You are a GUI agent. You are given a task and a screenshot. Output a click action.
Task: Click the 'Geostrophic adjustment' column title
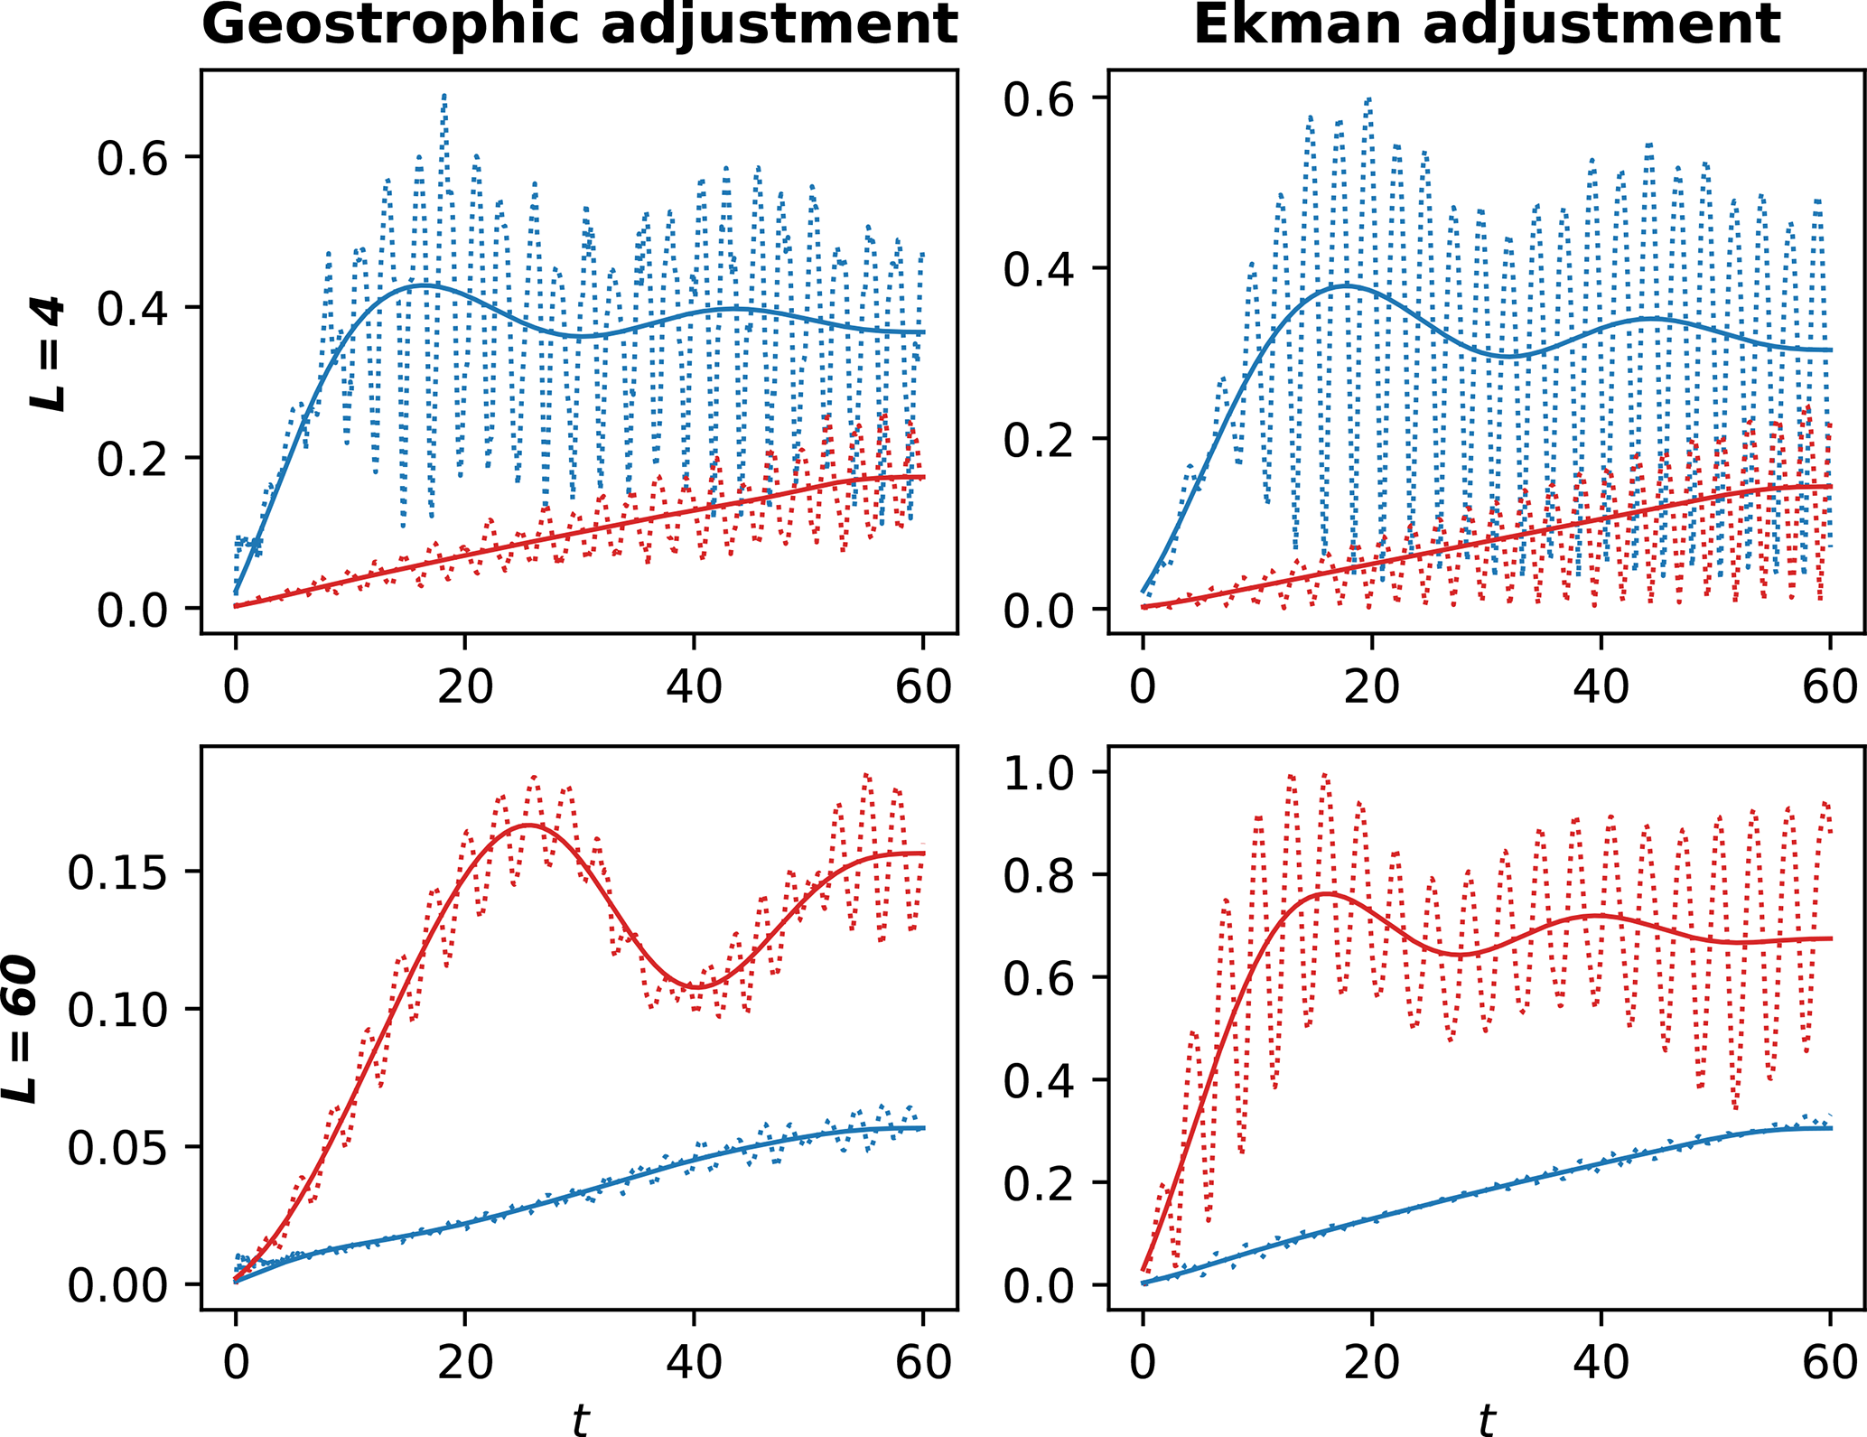pyautogui.click(x=579, y=24)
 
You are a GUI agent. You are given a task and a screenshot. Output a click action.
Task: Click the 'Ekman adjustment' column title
pyautogui.click(x=1486, y=24)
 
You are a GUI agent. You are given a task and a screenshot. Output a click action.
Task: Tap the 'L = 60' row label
pyautogui.click(x=20, y=1030)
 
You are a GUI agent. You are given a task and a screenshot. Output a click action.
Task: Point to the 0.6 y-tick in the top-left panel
pyautogui.click(x=133, y=159)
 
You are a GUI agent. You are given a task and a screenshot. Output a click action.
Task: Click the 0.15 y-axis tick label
pyautogui.click(x=117, y=873)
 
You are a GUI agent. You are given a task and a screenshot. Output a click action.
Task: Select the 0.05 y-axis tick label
pyautogui.click(x=117, y=1149)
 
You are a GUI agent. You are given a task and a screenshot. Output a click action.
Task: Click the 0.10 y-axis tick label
pyautogui.click(x=117, y=1011)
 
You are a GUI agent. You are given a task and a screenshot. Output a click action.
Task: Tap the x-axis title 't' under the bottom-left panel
pyautogui.click(x=579, y=1418)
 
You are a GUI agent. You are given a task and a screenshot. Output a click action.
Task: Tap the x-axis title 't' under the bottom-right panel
pyautogui.click(x=1486, y=1418)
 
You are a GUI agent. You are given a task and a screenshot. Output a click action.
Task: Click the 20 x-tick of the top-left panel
pyautogui.click(x=465, y=688)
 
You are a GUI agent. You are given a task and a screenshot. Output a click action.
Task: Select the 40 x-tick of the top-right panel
pyautogui.click(x=1601, y=688)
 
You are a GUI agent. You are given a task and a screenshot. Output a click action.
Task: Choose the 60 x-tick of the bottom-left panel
pyautogui.click(x=923, y=1363)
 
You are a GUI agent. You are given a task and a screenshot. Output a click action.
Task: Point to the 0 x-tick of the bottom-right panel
pyautogui.click(x=1144, y=1363)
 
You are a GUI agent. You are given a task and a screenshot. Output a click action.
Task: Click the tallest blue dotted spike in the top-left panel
pyautogui.click(x=444, y=95)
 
